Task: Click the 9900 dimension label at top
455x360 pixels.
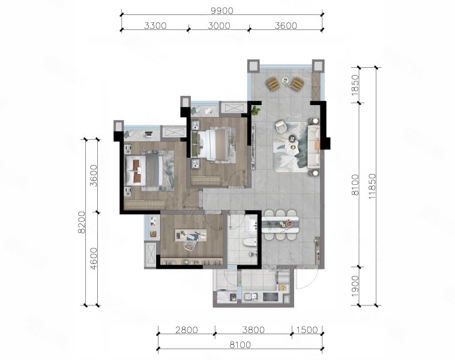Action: [x=222, y=11]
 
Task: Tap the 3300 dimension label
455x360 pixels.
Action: [x=155, y=26]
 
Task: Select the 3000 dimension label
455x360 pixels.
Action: [x=219, y=26]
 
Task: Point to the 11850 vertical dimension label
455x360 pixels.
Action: [x=372, y=186]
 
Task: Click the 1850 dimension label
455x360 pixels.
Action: [x=355, y=85]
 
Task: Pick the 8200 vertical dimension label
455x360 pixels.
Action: [x=82, y=222]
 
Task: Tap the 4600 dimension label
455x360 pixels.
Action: [x=94, y=259]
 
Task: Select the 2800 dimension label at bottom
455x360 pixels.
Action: [x=187, y=330]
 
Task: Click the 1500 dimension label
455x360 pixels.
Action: [x=307, y=330]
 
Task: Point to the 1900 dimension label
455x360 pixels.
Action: [x=355, y=286]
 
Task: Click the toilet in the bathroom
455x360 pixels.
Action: [x=249, y=242]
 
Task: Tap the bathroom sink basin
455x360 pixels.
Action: [x=252, y=225]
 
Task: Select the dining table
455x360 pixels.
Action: [x=280, y=224]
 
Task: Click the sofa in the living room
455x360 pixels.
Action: [x=314, y=146]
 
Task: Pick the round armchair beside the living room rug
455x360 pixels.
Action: [x=281, y=127]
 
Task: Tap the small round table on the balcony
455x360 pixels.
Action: [x=285, y=80]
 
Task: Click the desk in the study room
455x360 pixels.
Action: [x=191, y=235]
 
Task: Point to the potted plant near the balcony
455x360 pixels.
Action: [x=255, y=110]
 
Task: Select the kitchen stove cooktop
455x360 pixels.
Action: [x=271, y=297]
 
